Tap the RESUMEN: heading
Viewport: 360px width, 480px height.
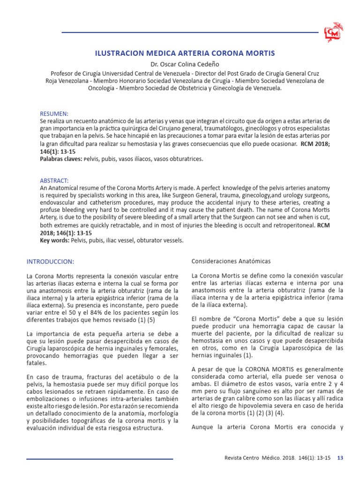[54, 113]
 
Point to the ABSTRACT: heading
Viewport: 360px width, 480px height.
[54, 180]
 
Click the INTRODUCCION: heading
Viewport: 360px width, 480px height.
[50, 261]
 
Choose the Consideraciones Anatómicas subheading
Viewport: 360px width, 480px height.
[231, 261]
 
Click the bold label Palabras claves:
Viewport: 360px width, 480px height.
[61, 159]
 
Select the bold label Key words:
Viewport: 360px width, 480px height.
[55, 240]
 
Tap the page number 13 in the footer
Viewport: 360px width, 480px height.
[341, 458]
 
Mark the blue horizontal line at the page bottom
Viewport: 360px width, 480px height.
[99, 458]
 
